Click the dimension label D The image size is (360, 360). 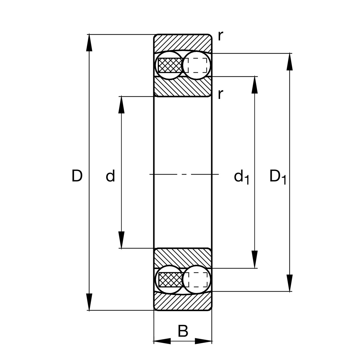click(77, 176)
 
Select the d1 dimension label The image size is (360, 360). click(241, 177)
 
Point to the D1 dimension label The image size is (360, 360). click(277, 176)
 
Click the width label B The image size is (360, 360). click(183, 331)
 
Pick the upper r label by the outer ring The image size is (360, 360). click(220, 36)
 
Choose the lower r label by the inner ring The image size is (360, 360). click(220, 94)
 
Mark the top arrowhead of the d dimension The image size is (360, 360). click(121, 105)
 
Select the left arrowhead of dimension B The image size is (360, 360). click(162, 341)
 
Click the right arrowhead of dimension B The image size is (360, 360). click(204, 341)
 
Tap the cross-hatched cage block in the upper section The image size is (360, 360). click(170, 65)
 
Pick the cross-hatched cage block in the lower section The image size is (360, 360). click(170, 280)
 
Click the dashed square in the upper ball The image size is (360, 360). click(196, 65)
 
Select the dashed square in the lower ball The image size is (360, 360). click(196, 280)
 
